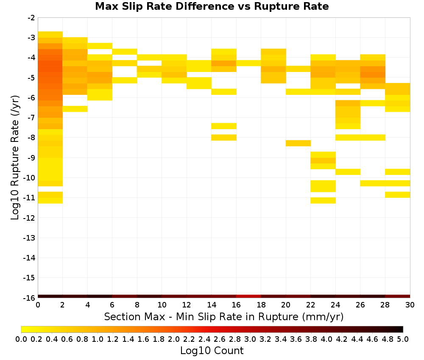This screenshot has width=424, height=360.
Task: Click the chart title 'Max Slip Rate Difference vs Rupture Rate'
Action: pos(212,6)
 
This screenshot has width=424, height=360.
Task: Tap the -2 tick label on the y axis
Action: pos(31,18)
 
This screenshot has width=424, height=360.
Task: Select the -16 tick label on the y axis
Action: pos(30,298)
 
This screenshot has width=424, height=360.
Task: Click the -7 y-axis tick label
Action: pos(31,118)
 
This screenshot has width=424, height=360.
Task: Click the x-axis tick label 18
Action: pos(261,305)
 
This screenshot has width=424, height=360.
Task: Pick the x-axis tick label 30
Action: pos(410,305)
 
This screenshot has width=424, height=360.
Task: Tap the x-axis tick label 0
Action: pos(38,305)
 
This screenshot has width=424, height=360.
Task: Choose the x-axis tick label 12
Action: pos(187,305)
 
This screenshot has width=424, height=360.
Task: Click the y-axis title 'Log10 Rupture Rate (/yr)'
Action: pos(15,158)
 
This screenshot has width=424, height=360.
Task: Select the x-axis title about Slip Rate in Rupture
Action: pos(224,316)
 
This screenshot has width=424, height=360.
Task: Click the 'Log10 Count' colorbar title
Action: pos(212,351)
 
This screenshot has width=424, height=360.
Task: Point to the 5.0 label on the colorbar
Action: pos(403,339)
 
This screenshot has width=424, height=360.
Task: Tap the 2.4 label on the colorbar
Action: pos(204,339)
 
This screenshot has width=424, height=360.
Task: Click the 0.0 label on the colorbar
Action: pos(21,339)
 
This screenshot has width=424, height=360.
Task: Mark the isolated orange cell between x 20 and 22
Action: pos(298,143)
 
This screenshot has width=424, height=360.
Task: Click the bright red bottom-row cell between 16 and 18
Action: pos(248,296)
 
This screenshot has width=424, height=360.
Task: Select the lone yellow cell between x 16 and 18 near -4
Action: pos(248,63)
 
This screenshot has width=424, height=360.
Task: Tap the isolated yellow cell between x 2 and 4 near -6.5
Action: pos(75,109)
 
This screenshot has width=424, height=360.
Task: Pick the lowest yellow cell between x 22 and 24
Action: pos(323,200)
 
